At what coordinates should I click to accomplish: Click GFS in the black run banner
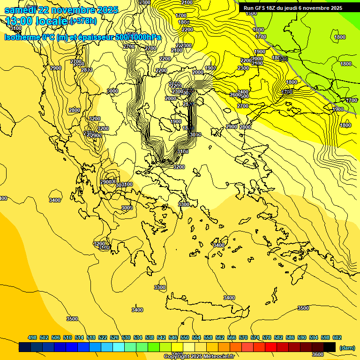coord(261,8)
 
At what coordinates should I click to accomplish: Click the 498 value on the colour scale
coord(32,337)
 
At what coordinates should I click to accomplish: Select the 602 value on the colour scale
coord(337,337)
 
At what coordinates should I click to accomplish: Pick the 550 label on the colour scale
coord(185,337)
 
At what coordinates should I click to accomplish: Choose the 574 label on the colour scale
coord(255,337)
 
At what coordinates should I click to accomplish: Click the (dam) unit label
coord(347,347)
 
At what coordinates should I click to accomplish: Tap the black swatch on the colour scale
coord(330,347)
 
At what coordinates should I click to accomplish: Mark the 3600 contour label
coord(317,355)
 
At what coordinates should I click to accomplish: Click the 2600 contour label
coord(235,95)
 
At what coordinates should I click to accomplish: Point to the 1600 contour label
coord(258,30)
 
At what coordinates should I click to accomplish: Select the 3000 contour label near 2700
coord(112,91)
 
